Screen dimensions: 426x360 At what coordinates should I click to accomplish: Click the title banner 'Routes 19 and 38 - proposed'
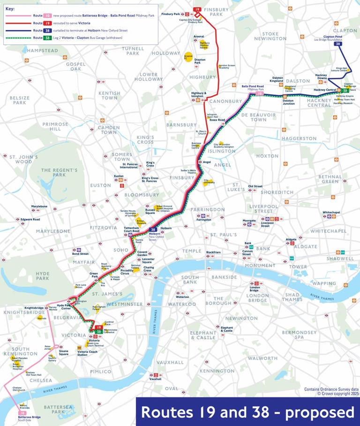click(x=247, y=412)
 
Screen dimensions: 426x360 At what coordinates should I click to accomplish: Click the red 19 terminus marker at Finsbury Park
click(x=197, y=9)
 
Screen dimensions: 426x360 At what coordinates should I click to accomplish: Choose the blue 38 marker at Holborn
click(x=153, y=229)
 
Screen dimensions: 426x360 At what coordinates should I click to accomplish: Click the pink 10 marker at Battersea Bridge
click(x=22, y=413)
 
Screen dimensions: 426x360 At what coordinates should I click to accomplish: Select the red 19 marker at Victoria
click(x=99, y=327)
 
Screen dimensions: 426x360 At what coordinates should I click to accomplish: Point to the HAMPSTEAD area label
click(x=43, y=51)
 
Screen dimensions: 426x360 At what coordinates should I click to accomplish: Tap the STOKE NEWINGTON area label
click(x=270, y=36)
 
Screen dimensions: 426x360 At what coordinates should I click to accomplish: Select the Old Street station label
click(x=255, y=186)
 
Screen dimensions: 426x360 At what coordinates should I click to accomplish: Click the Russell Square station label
click(x=150, y=210)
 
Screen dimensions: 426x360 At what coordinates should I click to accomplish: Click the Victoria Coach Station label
click(x=82, y=353)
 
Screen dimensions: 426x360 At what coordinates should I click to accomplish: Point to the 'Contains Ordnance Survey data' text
click(x=331, y=389)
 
